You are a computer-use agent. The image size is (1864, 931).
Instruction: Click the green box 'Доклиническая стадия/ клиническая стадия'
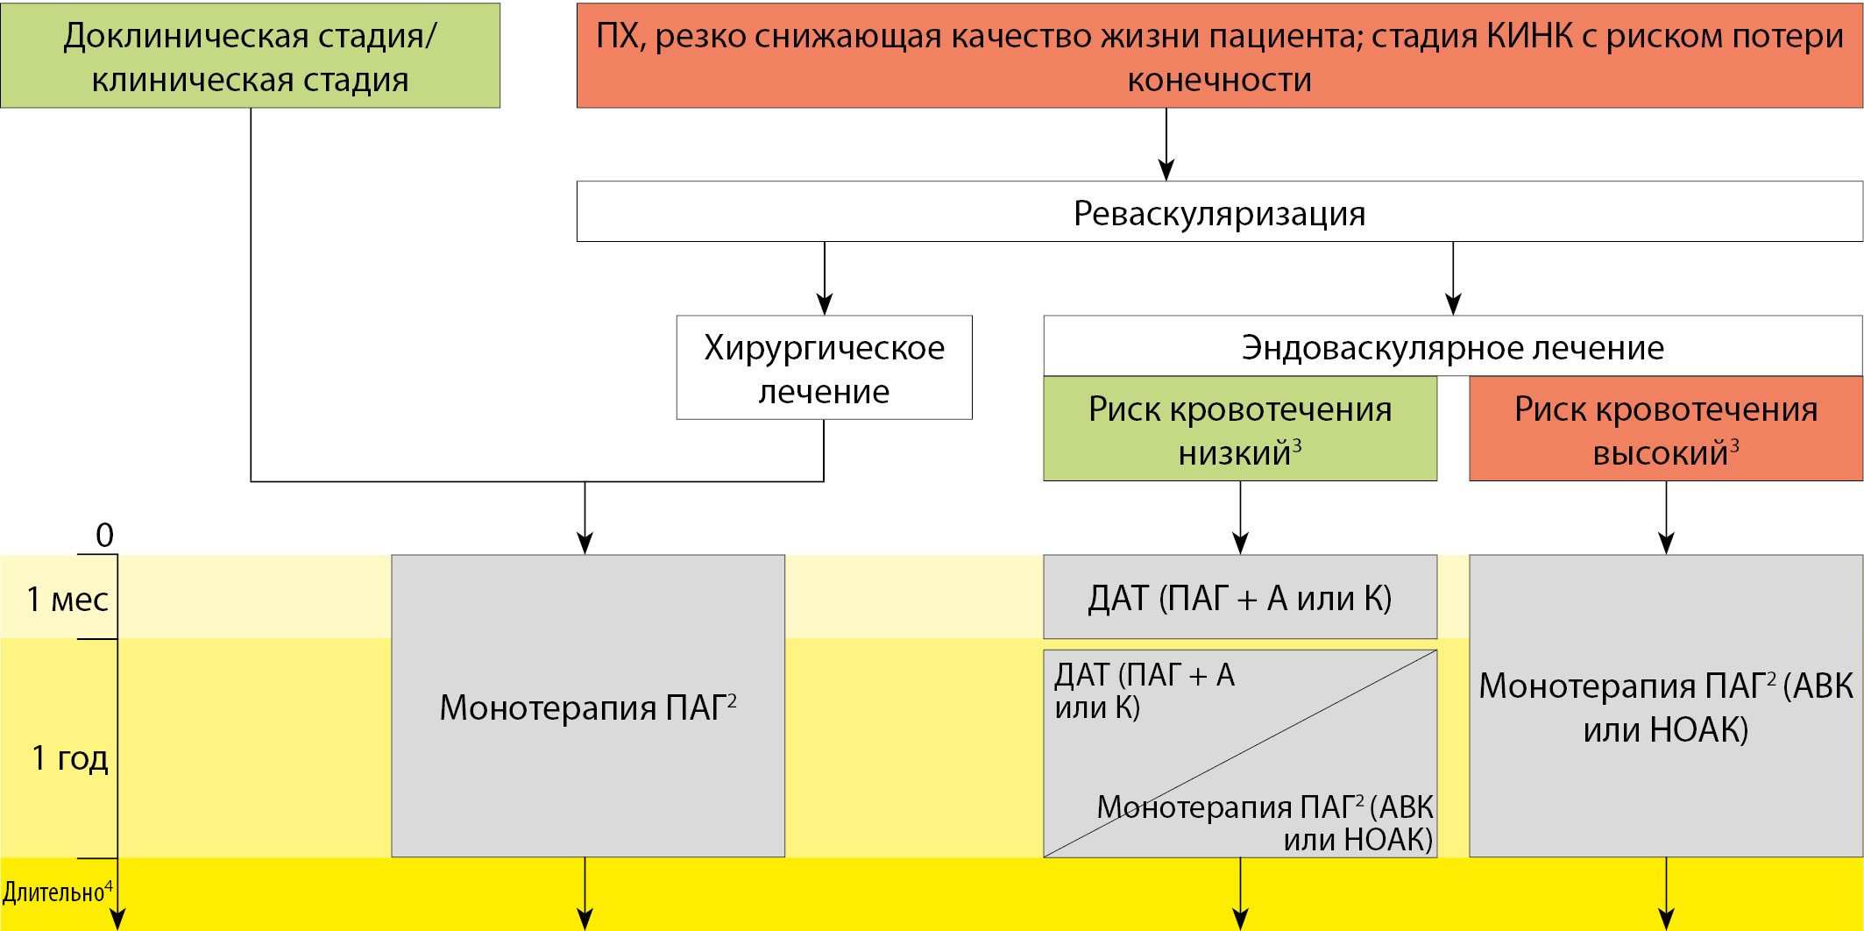coord(250,56)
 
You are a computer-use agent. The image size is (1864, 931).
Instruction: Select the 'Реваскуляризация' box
coord(1219,212)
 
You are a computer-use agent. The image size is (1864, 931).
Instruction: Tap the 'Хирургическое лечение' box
coord(824,368)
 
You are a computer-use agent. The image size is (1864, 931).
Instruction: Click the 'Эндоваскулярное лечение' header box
coord(1452,347)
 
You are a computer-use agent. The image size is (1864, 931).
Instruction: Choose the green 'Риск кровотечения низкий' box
coord(1240,430)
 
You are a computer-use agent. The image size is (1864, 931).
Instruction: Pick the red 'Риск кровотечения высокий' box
coord(1665,430)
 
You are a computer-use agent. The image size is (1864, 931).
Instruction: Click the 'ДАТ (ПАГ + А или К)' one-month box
coord(1240,598)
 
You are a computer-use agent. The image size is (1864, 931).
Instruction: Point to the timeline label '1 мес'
coord(67,600)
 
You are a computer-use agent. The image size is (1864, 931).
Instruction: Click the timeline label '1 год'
coord(70,757)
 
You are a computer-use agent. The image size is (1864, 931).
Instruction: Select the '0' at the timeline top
coord(104,535)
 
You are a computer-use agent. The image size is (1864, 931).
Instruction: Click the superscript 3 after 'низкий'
coord(1297,445)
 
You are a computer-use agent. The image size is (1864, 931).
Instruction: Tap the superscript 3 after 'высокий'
coord(1733,445)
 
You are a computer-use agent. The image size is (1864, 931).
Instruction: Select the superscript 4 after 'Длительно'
coord(109,886)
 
